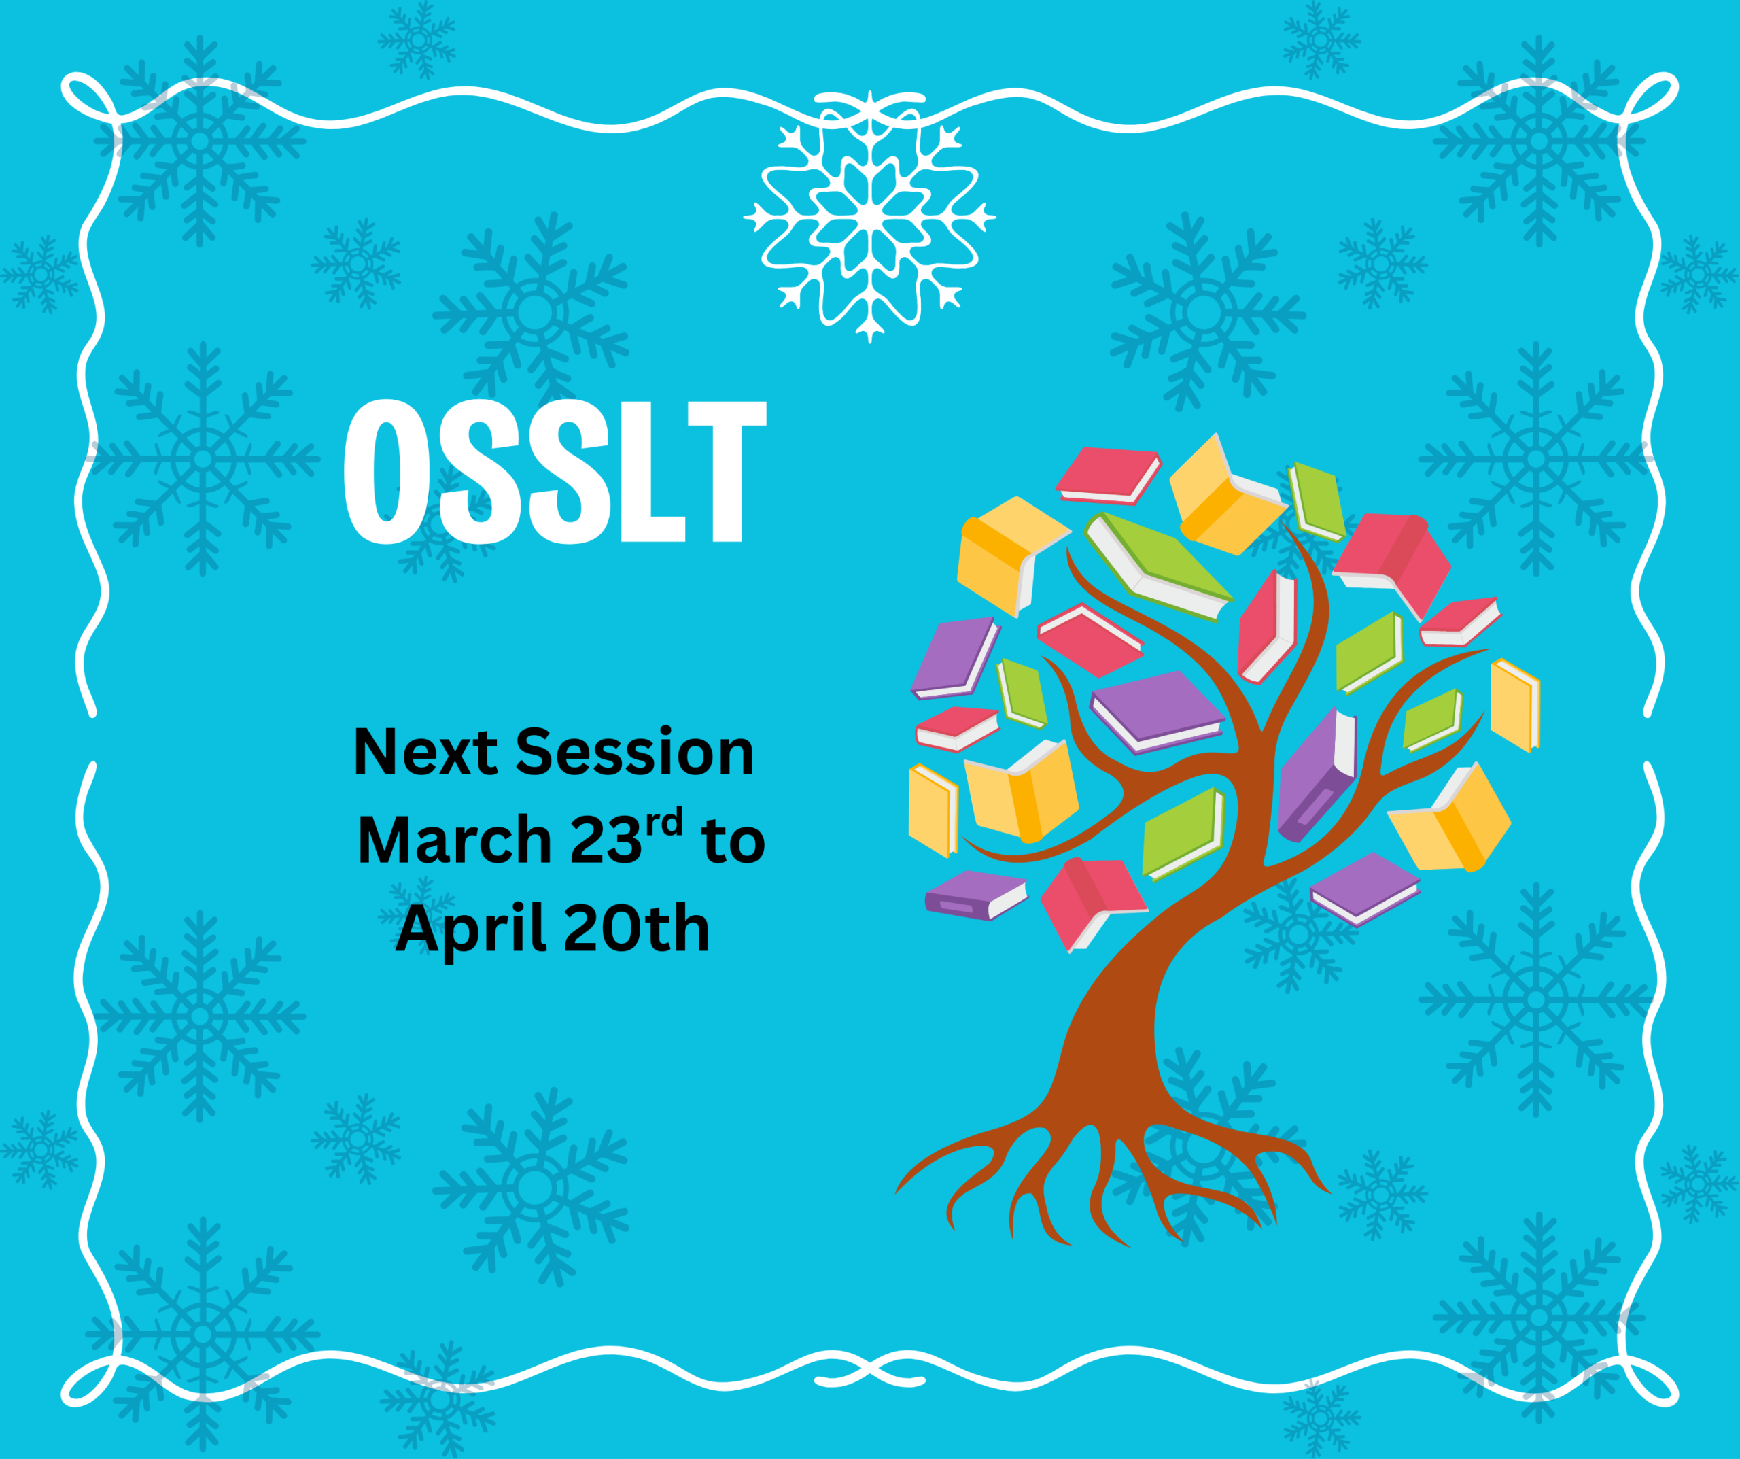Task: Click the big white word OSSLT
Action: coord(555,472)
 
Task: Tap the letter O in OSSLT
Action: coord(387,472)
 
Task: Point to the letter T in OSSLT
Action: coord(727,472)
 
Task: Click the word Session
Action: coord(635,753)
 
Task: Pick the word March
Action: coord(454,840)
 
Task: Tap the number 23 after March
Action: coord(606,840)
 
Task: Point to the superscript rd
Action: coord(665,823)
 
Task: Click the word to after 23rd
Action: coord(733,842)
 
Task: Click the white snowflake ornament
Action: coord(869,217)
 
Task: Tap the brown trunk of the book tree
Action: coord(1111,1036)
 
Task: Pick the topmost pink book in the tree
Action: coord(1108,475)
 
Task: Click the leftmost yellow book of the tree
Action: coord(933,810)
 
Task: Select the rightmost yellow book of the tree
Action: coord(1516,704)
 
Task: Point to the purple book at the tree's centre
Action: coord(1157,710)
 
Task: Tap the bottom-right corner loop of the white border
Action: coord(1649,1380)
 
